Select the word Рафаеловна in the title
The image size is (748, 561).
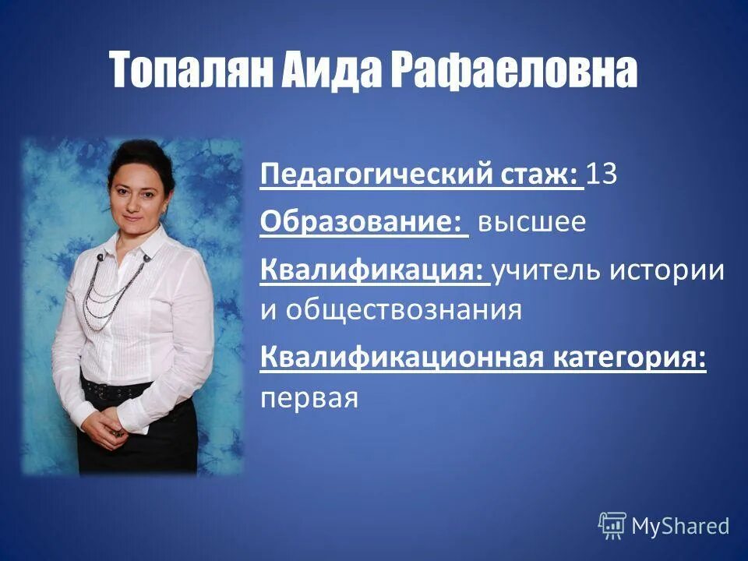click(513, 71)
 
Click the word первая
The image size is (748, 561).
click(309, 399)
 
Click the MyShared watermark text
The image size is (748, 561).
click(680, 525)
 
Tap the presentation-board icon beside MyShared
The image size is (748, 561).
click(612, 525)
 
